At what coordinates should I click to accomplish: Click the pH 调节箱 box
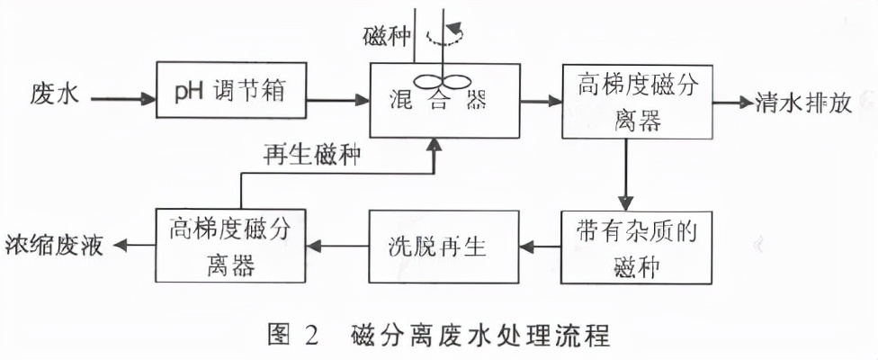pyautogui.click(x=231, y=91)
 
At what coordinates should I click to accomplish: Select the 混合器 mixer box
pyautogui.click(x=445, y=99)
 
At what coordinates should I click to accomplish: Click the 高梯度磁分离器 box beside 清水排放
pyautogui.click(x=636, y=100)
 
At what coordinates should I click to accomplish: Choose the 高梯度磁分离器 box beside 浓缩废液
pyautogui.click(x=230, y=244)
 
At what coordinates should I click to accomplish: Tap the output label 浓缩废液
pyautogui.click(x=56, y=245)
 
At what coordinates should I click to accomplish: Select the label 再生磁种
pyautogui.click(x=312, y=155)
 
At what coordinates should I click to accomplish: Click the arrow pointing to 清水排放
pyautogui.click(x=731, y=100)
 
